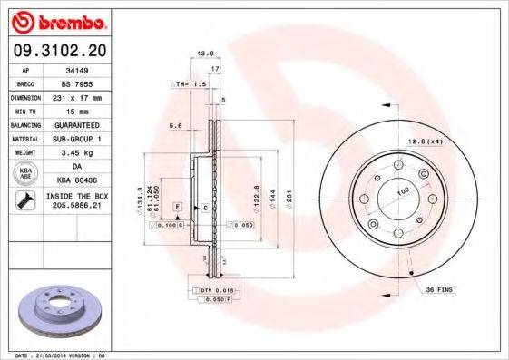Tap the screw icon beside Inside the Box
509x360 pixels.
[26, 201]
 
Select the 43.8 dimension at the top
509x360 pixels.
[205, 54]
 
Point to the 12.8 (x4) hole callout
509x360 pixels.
[424, 141]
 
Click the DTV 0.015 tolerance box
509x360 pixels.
[210, 288]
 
